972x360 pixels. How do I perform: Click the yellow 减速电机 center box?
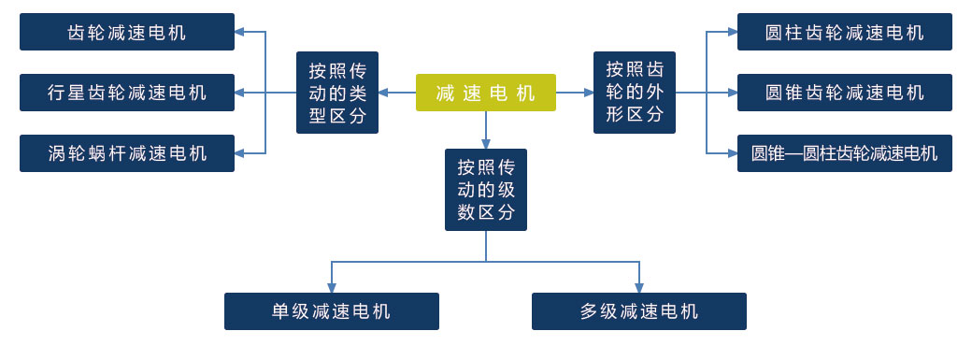[485, 93]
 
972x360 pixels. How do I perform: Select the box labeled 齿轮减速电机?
[127, 32]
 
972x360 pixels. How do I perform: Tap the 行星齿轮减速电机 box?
[127, 93]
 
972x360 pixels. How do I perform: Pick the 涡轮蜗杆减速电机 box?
[127, 153]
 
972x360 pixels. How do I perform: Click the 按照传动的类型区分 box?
[337, 93]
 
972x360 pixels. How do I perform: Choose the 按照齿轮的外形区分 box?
[635, 93]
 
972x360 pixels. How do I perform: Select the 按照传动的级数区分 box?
[486, 190]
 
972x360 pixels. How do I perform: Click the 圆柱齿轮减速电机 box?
[844, 32]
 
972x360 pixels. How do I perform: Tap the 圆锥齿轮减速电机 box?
[844, 93]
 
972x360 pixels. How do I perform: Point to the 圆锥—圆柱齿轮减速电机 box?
[844, 153]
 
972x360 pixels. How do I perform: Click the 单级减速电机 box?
[332, 311]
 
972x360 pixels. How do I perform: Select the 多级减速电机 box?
[639, 311]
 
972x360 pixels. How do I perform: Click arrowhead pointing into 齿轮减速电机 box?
[240, 32]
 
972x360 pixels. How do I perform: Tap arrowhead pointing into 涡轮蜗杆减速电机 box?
[240, 153]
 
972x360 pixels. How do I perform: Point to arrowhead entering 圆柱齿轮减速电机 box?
[732, 32]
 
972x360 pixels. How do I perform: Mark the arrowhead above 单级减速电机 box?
[332, 288]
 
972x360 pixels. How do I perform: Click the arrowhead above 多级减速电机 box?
[639, 288]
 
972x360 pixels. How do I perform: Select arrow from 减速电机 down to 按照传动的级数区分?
[486, 130]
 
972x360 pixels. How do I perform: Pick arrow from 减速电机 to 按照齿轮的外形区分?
[575, 93]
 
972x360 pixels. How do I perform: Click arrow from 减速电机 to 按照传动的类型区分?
[396, 93]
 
